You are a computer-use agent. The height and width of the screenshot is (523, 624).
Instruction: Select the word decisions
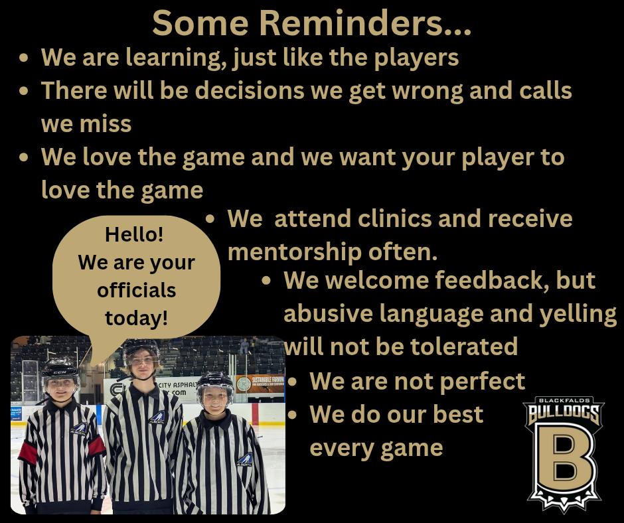(250, 90)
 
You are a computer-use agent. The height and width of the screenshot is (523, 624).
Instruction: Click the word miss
(106, 124)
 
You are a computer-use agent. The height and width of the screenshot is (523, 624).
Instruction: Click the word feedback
(489, 280)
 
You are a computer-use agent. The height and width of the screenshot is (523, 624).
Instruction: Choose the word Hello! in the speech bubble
(134, 234)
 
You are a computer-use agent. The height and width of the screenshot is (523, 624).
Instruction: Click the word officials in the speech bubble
(137, 290)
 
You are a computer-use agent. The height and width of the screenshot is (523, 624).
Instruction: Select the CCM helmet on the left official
(60, 370)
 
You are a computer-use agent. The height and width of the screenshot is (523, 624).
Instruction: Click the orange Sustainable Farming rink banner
(260, 384)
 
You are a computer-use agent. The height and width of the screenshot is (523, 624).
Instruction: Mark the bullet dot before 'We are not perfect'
(293, 382)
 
